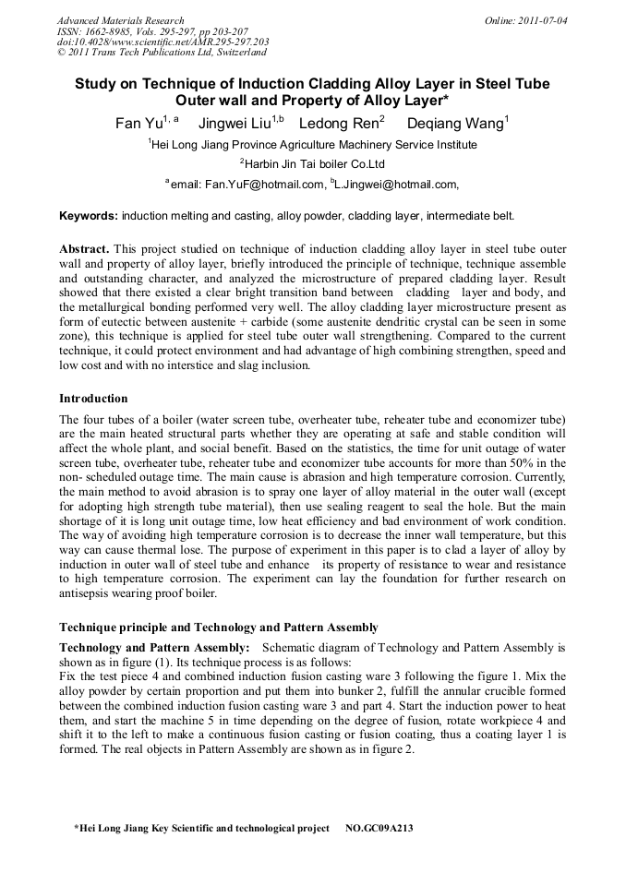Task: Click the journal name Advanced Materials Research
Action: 120,20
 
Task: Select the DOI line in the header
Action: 163,42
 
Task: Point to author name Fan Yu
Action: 138,124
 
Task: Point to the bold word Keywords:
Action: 89,216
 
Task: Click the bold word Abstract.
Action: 85,250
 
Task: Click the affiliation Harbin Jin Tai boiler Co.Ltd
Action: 316,164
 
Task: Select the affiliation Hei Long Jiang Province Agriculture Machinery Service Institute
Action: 314,145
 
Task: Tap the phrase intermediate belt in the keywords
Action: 472,216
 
